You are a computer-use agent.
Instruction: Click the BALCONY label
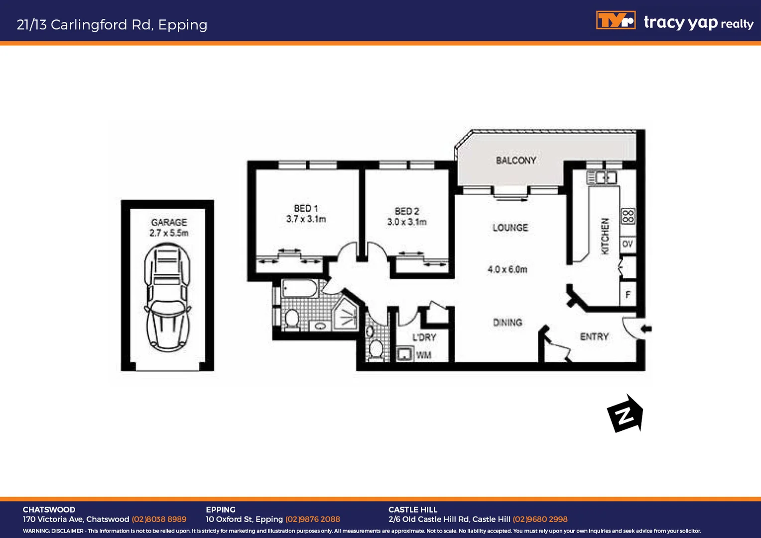coord(516,160)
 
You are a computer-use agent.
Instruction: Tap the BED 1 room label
coord(305,208)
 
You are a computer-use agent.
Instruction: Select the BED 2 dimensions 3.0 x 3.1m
coord(407,222)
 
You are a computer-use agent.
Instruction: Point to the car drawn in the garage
coord(168,298)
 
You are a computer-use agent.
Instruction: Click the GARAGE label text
coord(169,222)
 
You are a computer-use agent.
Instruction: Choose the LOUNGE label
coord(510,228)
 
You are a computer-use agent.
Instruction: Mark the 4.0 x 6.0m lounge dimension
coord(507,269)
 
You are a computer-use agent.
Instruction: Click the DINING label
coord(507,323)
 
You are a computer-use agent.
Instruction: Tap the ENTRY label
coord(594,337)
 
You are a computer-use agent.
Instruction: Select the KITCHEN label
coord(605,236)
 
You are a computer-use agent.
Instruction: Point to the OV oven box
coord(628,244)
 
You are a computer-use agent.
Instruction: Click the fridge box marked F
coord(628,295)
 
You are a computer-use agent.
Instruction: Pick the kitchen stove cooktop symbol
coord(628,216)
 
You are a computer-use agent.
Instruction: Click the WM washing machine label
coord(424,355)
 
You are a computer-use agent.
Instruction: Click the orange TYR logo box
coord(616,21)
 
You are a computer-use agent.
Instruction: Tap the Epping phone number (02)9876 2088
coord(312,519)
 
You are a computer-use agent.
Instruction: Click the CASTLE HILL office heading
coord(413,510)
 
